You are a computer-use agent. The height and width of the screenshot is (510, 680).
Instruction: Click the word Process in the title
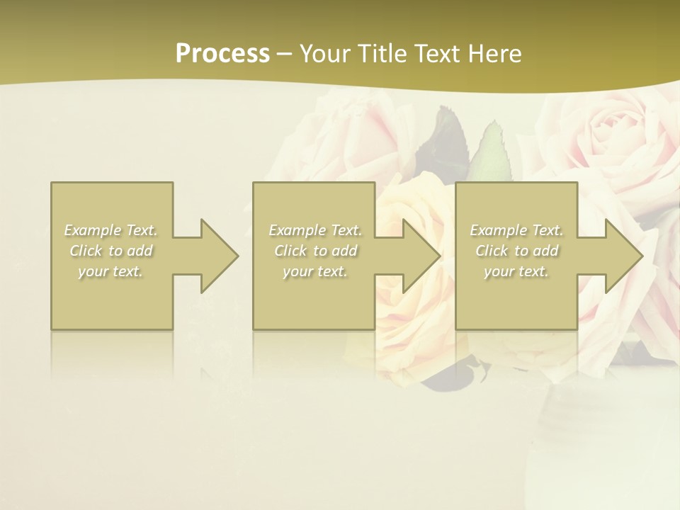(222, 54)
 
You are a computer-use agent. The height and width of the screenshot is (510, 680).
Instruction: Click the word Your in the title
(323, 54)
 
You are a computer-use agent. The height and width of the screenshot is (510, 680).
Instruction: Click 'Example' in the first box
(93, 230)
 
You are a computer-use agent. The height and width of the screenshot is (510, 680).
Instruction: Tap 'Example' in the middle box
(297, 230)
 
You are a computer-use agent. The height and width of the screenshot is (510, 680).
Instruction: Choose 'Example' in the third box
(498, 230)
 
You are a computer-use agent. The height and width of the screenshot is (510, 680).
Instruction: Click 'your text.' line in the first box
(110, 272)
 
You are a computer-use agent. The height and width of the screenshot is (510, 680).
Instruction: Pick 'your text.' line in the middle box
(314, 272)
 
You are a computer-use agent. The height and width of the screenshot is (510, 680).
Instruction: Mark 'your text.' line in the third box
(516, 272)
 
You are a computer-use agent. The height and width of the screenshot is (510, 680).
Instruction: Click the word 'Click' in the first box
(86, 251)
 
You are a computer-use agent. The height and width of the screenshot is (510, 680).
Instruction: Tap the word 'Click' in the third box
(492, 251)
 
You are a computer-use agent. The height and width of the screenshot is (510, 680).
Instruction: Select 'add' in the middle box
(344, 251)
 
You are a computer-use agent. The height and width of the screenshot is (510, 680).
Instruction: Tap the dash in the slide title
(284, 54)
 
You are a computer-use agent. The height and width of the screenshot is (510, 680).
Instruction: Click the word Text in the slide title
(433, 54)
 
